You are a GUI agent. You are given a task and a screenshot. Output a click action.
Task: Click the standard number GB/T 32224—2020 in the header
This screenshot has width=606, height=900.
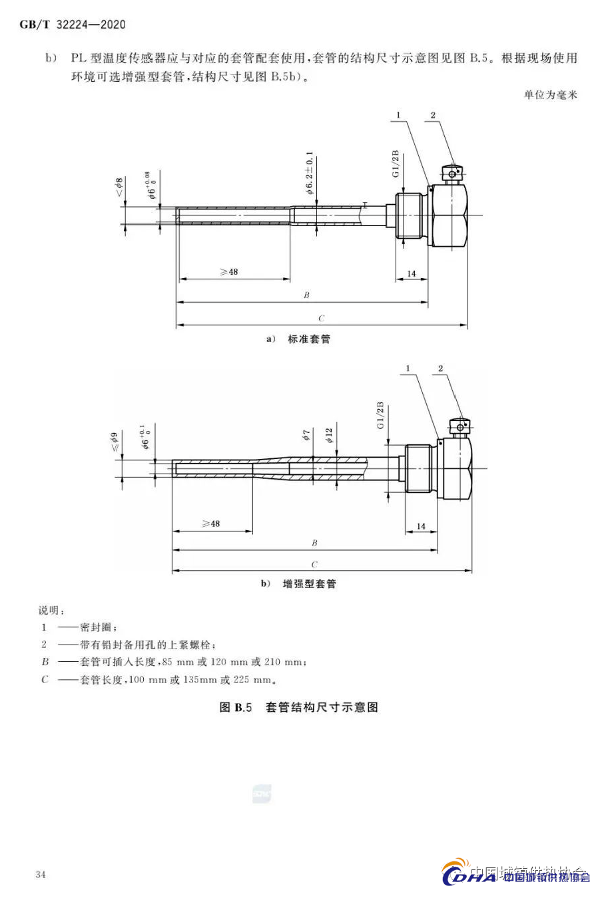click(72, 25)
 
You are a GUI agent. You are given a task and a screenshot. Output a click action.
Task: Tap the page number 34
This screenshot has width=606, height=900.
click(41, 874)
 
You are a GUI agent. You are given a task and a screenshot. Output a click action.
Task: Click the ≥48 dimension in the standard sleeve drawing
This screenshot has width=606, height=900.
click(228, 271)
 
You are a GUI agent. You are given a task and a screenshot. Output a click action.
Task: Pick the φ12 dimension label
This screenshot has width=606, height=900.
click(329, 436)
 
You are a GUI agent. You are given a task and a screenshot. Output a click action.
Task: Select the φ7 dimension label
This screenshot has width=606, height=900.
click(306, 436)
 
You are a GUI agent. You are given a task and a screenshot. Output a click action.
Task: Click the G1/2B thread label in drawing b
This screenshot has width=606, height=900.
click(381, 415)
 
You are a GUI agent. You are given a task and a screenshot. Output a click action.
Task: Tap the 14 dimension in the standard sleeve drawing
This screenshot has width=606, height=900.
click(412, 273)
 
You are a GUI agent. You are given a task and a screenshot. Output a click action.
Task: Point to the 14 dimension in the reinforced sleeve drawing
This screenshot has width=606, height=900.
click(421, 526)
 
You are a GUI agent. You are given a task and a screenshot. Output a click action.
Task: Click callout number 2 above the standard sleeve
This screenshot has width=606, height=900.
click(433, 115)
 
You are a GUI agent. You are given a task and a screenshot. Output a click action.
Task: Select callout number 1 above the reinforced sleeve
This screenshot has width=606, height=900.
click(408, 368)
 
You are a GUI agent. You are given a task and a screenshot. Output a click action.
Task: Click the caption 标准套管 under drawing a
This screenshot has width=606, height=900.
click(308, 339)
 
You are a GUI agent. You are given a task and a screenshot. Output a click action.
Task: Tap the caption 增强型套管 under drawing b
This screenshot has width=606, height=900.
click(309, 584)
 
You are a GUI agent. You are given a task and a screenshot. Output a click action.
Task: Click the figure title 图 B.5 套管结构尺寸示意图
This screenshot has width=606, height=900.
click(299, 707)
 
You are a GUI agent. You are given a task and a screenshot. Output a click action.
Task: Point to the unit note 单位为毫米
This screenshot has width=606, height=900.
click(550, 95)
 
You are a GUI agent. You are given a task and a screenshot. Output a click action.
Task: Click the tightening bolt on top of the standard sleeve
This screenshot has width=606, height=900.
click(453, 174)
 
